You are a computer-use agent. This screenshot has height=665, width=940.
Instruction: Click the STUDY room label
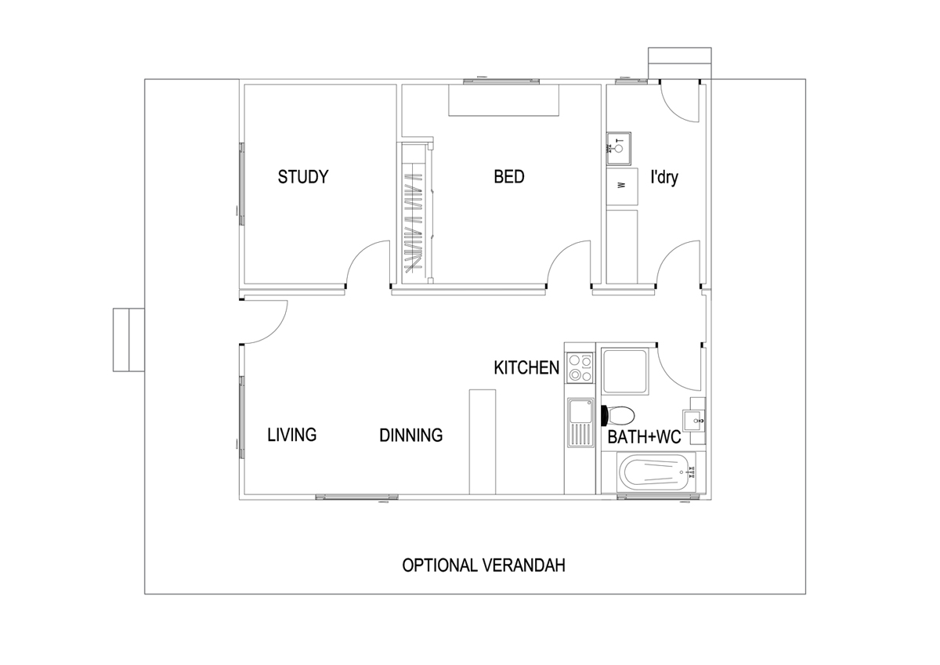pyautogui.click(x=303, y=177)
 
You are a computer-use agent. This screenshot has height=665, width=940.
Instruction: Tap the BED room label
pyautogui.click(x=509, y=177)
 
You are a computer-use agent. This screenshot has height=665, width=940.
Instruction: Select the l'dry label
pyautogui.click(x=664, y=177)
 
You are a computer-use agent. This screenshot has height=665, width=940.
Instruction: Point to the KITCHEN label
pyautogui.click(x=526, y=367)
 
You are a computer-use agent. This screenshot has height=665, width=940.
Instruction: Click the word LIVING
pyautogui.click(x=292, y=435)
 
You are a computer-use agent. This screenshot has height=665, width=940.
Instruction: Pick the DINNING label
pyautogui.click(x=411, y=435)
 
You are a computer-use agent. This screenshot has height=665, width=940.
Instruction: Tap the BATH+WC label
pyautogui.click(x=644, y=437)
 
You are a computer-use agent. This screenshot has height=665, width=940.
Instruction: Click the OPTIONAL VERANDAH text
pyautogui.click(x=484, y=566)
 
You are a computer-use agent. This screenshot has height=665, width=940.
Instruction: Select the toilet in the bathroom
pyautogui.click(x=618, y=415)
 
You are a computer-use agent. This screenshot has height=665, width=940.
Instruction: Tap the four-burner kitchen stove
pyautogui.click(x=580, y=367)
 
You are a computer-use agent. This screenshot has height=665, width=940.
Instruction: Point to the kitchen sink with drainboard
pyautogui.click(x=580, y=422)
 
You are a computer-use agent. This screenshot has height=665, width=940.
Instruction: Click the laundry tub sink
pyautogui.click(x=619, y=148)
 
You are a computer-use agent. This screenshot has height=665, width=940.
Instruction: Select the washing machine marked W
pyautogui.click(x=622, y=186)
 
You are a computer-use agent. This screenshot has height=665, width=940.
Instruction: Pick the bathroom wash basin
pyautogui.click(x=694, y=421)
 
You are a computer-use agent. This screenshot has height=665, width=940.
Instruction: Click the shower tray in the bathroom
pyautogui.click(x=625, y=371)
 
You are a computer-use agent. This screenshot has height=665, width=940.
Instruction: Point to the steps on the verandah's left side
pyautogui.click(x=128, y=340)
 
